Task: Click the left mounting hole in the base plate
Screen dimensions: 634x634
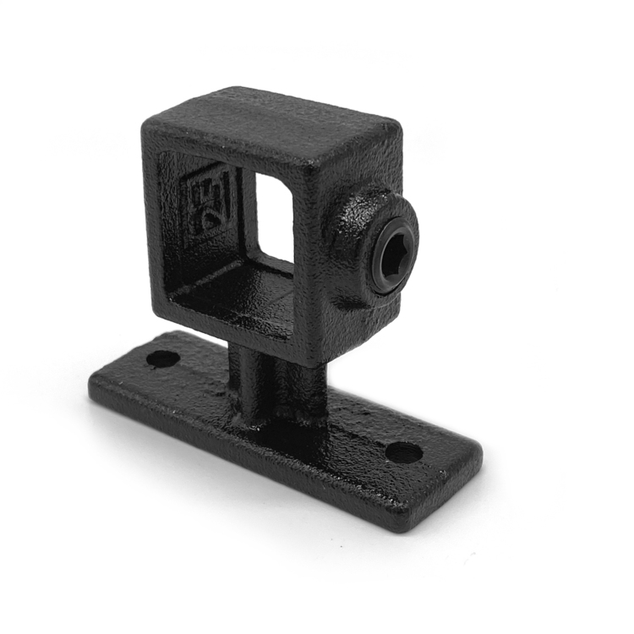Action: [162, 358]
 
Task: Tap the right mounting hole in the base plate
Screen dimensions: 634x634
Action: [403, 451]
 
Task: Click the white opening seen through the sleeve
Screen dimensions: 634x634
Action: [274, 216]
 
